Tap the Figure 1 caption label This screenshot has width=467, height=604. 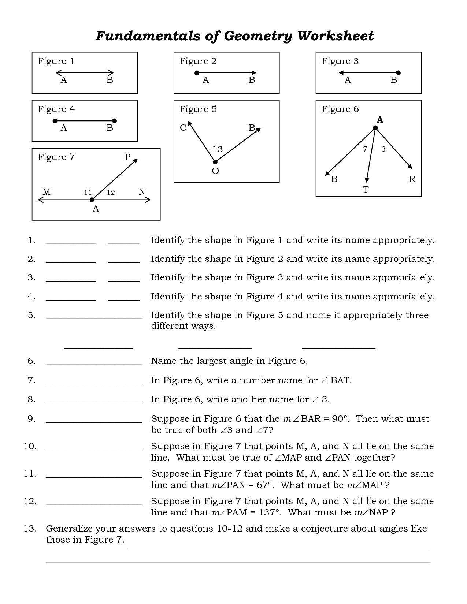pos(56,61)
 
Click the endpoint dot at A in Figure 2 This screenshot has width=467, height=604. pos(197,73)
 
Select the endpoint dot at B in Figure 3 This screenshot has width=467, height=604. pos(399,73)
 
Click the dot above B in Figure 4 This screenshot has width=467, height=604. pos(114,121)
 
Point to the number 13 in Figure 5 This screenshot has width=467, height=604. pos(218,149)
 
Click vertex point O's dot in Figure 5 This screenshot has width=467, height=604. pos(215,162)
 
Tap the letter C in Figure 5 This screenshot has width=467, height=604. pos(183,128)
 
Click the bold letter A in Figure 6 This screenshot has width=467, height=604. pos(380,120)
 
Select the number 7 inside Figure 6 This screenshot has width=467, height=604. pos(365,149)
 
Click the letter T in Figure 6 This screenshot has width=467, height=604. pos(366,190)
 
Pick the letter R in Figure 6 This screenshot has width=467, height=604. pos(412,179)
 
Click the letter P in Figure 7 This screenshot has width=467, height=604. pos(127,157)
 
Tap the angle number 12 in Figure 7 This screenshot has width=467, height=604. pos(111,193)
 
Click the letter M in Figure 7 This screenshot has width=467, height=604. pos(47,192)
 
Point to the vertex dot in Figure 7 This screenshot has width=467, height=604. pos(92,200)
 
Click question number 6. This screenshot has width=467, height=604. pos(31,361)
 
